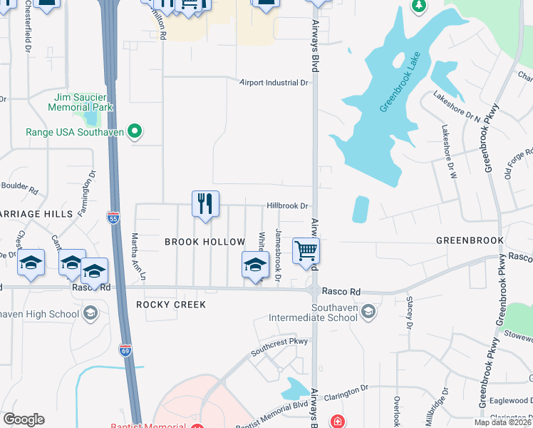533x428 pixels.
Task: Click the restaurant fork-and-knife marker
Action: [205, 205]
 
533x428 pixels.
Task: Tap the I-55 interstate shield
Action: [113, 218]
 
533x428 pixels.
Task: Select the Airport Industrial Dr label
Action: [274, 83]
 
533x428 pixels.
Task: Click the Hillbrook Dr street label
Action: [287, 205]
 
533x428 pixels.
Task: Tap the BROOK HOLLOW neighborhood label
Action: [205, 242]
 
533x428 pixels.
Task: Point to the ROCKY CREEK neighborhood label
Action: [171, 305]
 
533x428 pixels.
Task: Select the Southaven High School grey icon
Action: [90, 312]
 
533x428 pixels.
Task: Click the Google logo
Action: [24, 419]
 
